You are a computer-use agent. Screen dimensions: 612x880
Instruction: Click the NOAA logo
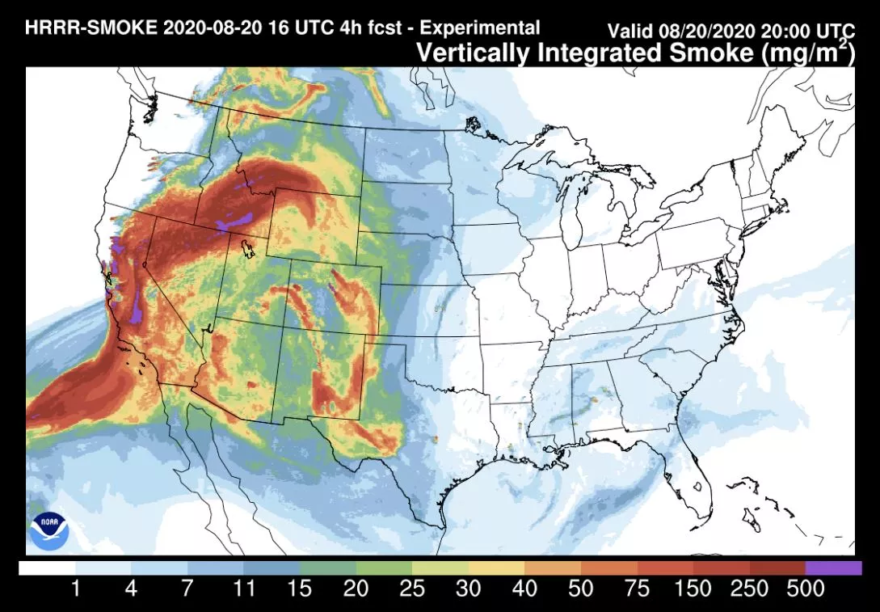(x=46, y=530)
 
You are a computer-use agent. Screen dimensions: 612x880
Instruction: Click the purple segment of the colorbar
(x=834, y=568)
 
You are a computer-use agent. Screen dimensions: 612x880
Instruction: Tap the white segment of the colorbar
(x=46, y=568)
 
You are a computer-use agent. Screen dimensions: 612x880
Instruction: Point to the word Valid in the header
(x=631, y=32)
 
